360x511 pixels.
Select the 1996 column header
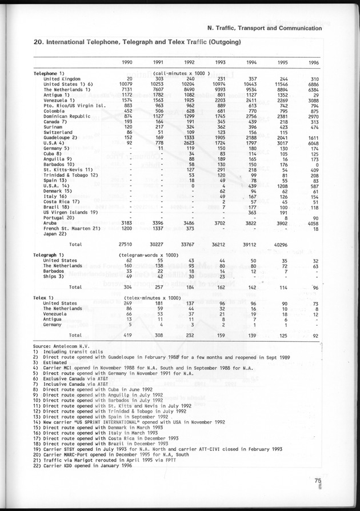click(x=314, y=62)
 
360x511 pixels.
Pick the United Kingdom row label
click(x=63, y=78)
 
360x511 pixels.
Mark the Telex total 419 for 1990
click(x=127, y=334)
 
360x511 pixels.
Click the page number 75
click(x=318, y=481)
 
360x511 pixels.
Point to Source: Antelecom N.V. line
click(x=61, y=346)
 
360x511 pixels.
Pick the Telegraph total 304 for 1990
click(x=127, y=287)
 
